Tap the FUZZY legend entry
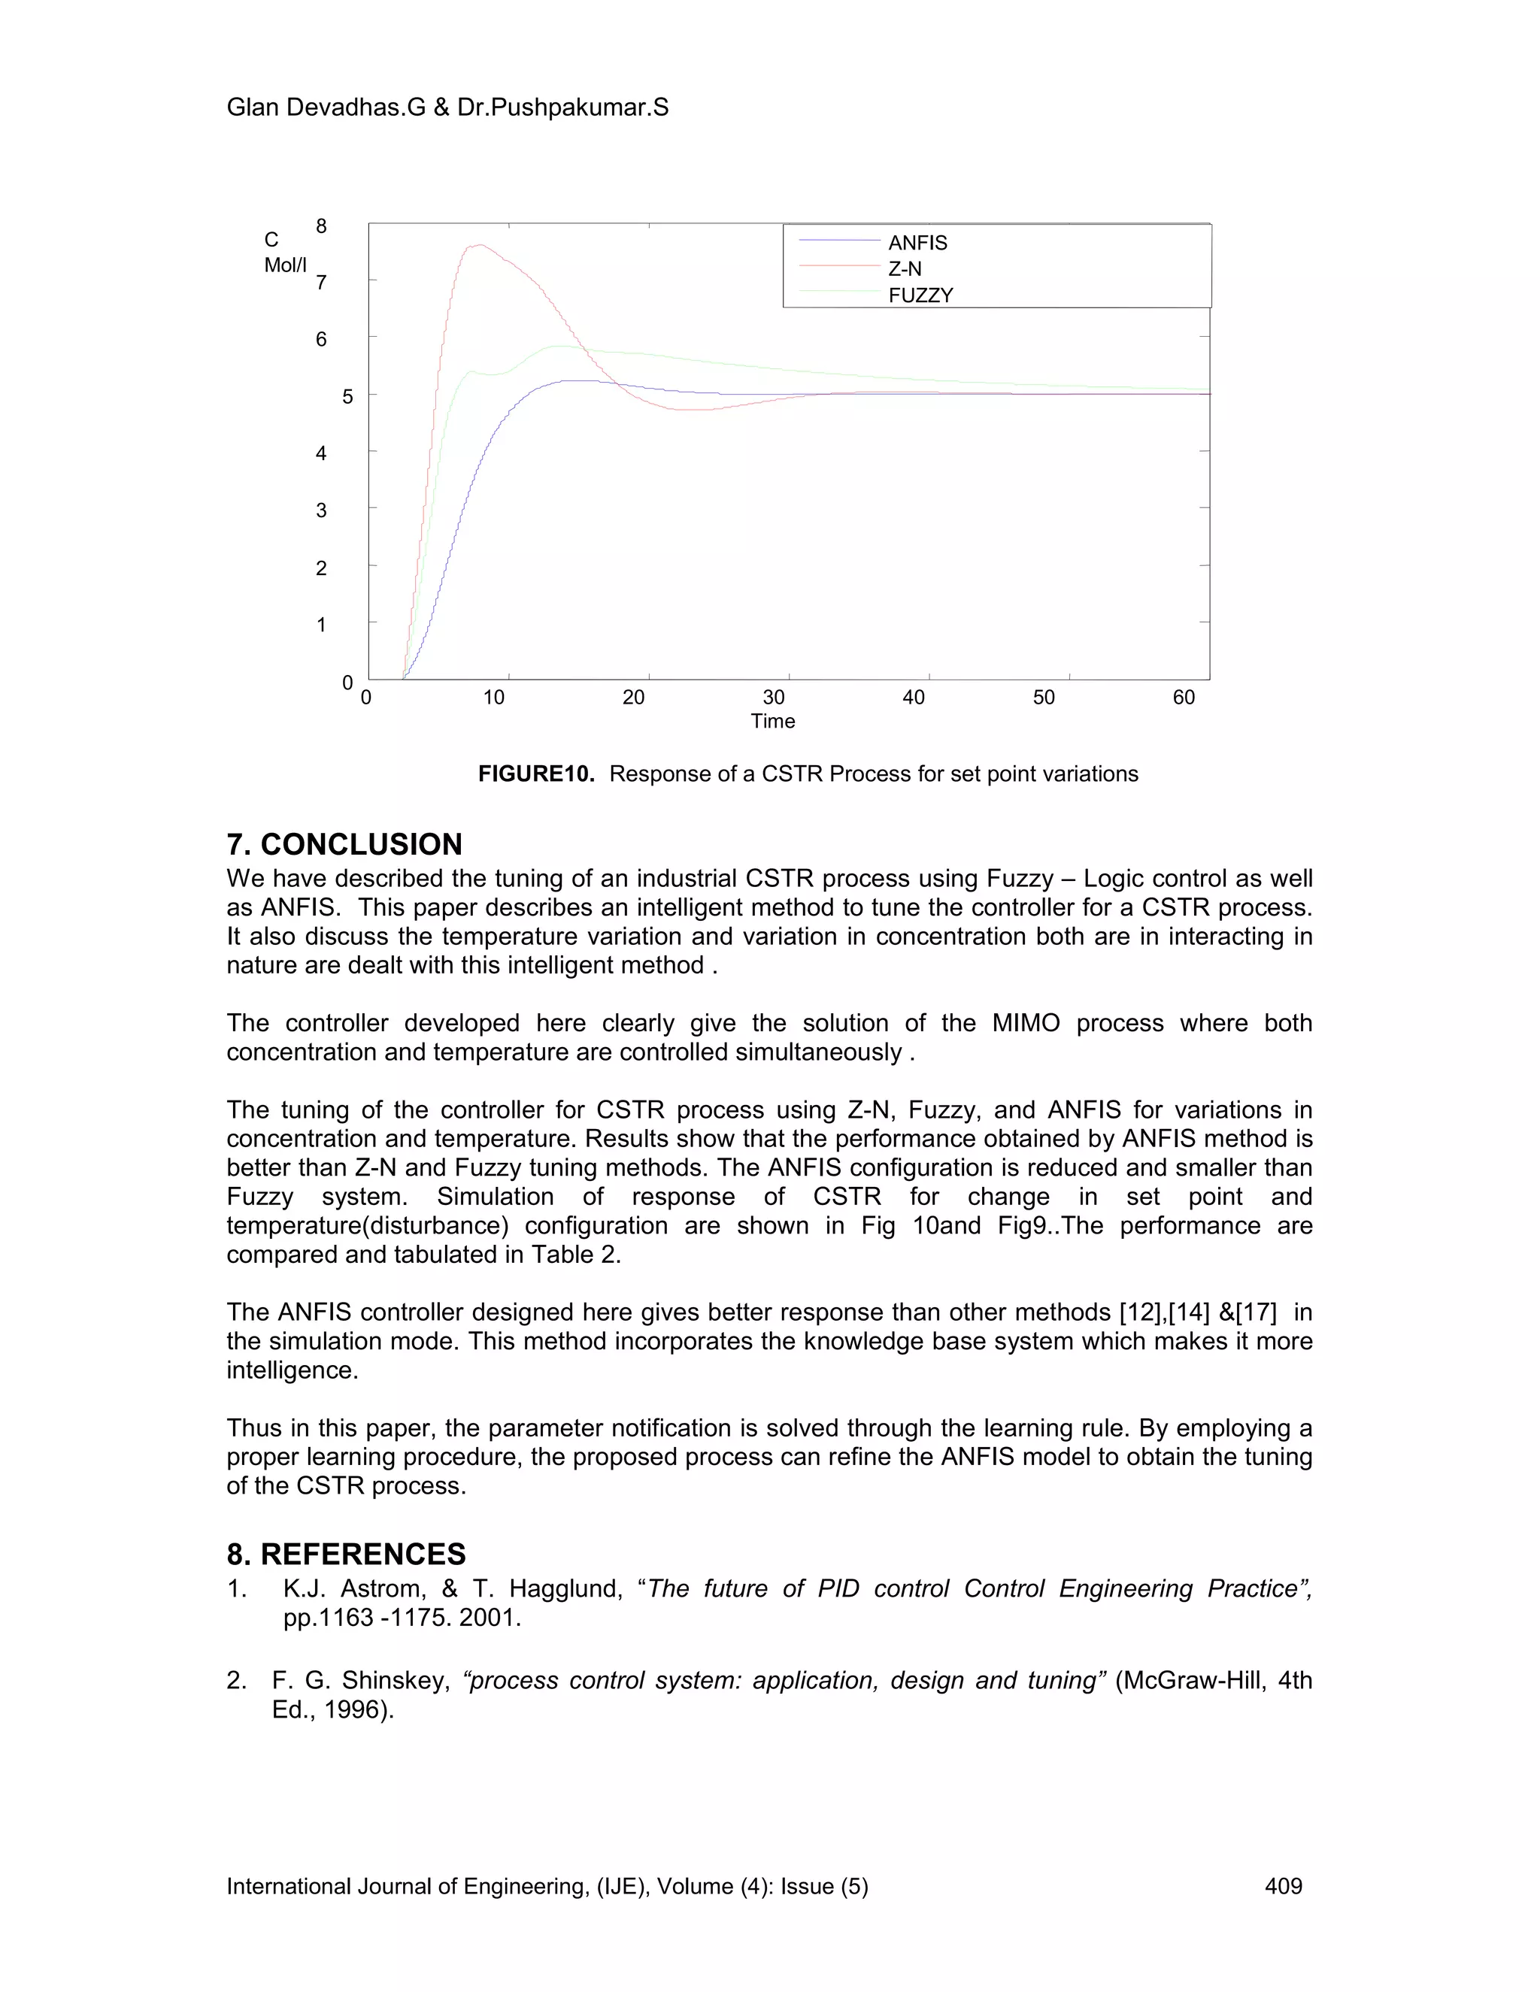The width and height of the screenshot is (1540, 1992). point(920,295)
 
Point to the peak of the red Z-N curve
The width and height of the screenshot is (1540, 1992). point(478,244)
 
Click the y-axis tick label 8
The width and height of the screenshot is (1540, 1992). point(321,226)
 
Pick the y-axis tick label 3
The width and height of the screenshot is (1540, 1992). point(321,510)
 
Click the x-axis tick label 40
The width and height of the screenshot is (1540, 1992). point(913,698)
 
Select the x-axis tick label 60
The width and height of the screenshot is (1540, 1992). point(1184,698)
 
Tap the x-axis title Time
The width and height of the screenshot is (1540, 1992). point(773,722)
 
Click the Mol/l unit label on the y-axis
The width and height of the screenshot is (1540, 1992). point(285,265)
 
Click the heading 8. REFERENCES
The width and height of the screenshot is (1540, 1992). point(346,1553)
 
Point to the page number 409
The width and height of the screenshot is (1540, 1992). point(1283,1886)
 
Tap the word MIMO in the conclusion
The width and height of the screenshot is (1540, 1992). point(1026,1023)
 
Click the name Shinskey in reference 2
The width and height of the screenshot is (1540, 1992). point(396,1680)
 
